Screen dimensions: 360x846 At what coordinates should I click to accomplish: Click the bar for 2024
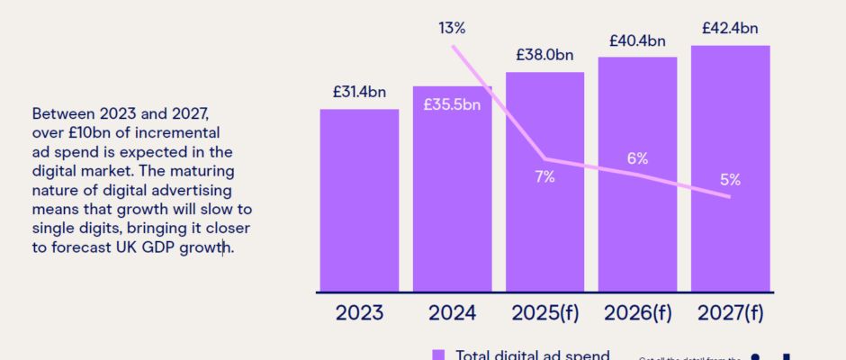click(x=452, y=207)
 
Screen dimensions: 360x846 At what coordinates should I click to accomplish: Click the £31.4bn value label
click(x=359, y=91)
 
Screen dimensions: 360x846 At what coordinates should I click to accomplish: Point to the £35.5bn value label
click(x=452, y=104)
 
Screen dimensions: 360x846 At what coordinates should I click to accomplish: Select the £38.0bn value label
click(x=544, y=54)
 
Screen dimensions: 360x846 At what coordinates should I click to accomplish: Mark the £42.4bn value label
click(x=730, y=27)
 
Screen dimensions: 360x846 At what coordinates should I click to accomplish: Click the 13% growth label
click(x=452, y=28)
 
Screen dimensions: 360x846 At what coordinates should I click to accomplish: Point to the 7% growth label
click(x=544, y=176)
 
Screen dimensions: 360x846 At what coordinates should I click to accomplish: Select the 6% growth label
click(x=638, y=158)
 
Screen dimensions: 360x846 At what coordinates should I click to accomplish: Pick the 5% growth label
click(x=731, y=179)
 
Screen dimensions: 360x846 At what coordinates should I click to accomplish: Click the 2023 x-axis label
click(x=359, y=313)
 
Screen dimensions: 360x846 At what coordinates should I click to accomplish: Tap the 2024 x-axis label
click(x=452, y=313)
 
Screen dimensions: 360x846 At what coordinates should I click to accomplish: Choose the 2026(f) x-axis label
click(x=637, y=313)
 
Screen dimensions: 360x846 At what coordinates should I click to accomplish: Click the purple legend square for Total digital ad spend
click(x=439, y=355)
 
